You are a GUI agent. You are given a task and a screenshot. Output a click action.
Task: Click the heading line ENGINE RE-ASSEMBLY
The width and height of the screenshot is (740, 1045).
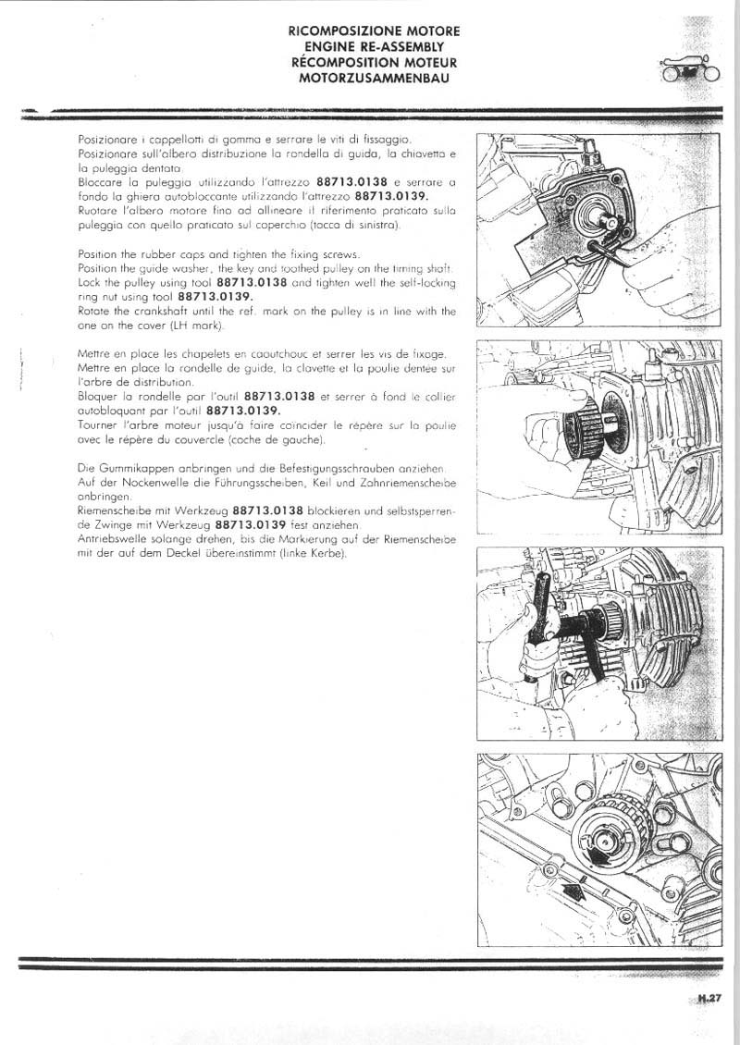coord(374,46)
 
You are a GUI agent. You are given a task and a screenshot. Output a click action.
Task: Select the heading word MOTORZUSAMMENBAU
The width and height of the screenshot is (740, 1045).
coord(374,78)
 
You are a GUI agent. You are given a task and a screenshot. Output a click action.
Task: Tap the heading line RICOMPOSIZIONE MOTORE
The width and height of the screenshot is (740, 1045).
coord(374,31)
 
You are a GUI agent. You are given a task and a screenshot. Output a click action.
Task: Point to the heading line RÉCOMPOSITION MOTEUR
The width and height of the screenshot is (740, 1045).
coord(374,62)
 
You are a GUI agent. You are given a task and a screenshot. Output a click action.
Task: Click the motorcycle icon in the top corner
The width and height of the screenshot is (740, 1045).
coord(688,70)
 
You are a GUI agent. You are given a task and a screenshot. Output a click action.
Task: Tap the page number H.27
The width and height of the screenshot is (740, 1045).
coord(709,998)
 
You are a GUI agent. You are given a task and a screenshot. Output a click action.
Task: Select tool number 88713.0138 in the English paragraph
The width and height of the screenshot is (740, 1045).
coord(252,281)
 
